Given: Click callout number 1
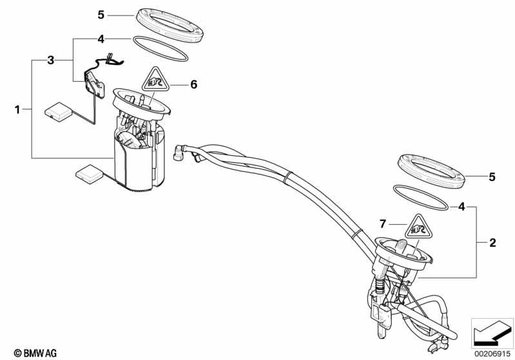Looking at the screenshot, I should pos(17,110).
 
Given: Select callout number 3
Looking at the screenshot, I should pos(50,61).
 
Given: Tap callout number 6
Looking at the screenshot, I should pos(193,84).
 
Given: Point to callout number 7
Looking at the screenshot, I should pos(382,223).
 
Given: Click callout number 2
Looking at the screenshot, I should pos(492,243).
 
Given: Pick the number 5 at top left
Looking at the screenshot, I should pos(100,14).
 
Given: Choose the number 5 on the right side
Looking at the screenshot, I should pos(492,176).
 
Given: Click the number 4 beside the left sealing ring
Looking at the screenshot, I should pos(101,39).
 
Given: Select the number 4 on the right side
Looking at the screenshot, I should pos(462,207).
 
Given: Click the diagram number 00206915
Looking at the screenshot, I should pos(493,353).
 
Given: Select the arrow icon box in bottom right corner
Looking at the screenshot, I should pos(493,331).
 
